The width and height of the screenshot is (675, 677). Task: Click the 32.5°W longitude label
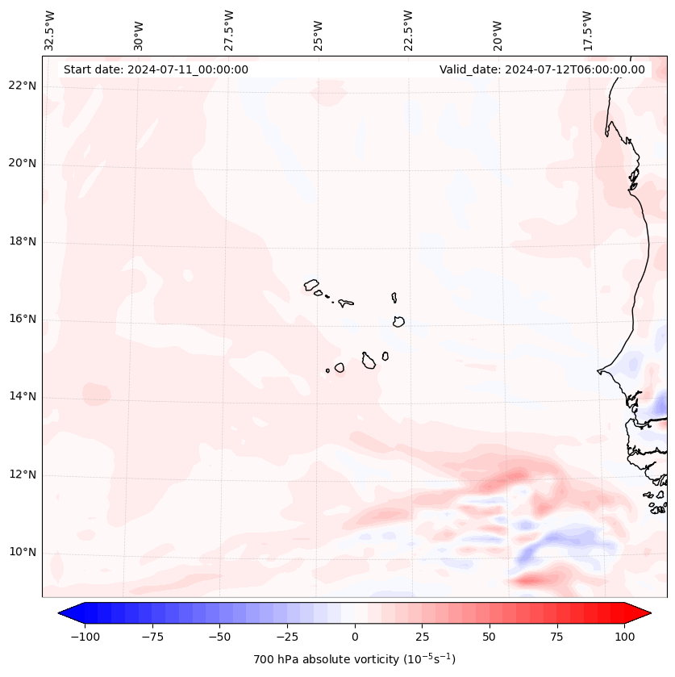coord(50,31)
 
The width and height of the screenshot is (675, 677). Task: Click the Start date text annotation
coord(156,69)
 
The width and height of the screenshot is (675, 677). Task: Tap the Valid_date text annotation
coord(542,69)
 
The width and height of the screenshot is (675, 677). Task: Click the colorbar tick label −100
coord(85,637)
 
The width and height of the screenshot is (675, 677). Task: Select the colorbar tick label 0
coord(355,637)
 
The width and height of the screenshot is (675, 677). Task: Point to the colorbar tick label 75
coord(557,637)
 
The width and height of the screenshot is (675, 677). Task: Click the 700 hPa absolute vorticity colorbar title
coord(355,659)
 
